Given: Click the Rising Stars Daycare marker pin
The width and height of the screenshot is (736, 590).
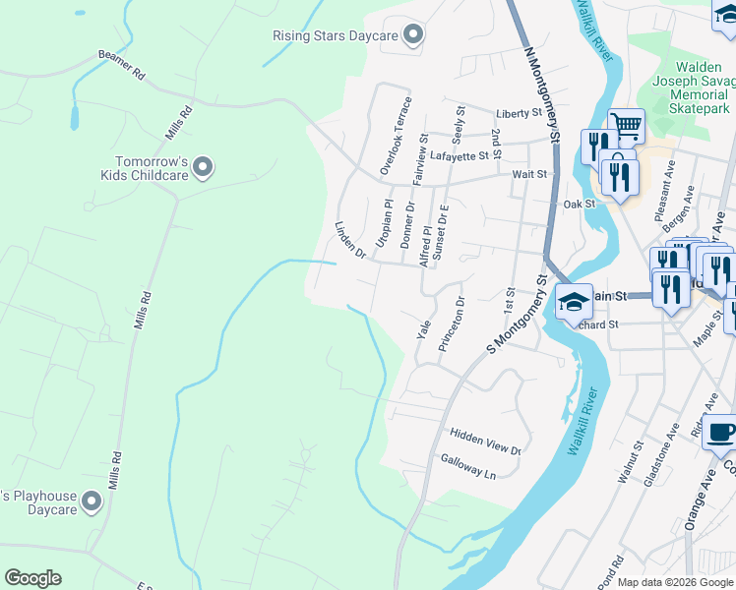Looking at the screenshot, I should click(x=414, y=35).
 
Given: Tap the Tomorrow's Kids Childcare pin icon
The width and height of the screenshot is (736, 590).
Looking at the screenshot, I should click(x=203, y=168).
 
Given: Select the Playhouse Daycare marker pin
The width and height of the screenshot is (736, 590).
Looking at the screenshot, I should click(x=92, y=502).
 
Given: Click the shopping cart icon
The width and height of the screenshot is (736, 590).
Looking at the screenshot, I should click(x=626, y=124).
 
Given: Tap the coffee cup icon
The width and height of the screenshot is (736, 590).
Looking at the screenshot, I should click(x=722, y=433).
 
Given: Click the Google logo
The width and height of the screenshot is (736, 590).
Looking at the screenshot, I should click(x=32, y=578).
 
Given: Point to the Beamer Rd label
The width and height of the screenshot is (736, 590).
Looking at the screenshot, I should click(x=121, y=65).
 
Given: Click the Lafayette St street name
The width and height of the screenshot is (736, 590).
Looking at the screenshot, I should click(x=460, y=155).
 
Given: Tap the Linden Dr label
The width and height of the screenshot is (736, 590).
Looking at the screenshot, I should click(x=350, y=241).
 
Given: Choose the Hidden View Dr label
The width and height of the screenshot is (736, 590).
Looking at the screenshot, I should click(x=484, y=441).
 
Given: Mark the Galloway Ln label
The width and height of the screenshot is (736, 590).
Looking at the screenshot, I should click(x=468, y=466).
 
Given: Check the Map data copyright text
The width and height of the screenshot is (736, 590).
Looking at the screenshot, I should click(x=675, y=582).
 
